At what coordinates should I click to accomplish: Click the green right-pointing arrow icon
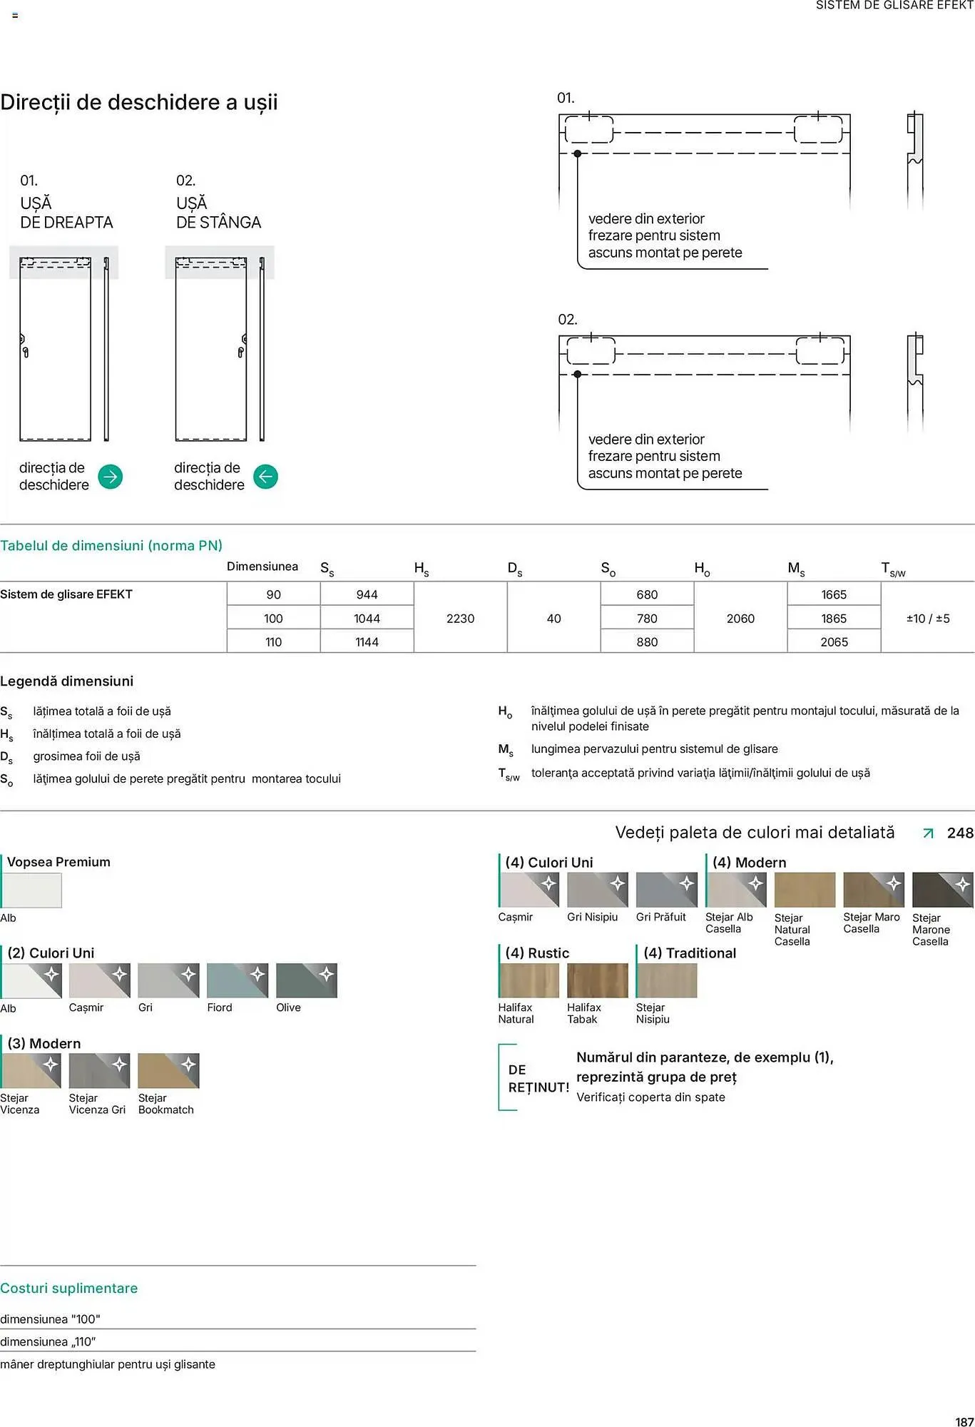point(110,477)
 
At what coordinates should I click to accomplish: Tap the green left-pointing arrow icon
point(265,477)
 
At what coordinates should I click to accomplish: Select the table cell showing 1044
point(367,619)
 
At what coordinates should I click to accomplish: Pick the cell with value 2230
point(460,619)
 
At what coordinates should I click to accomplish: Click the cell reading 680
point(647,594)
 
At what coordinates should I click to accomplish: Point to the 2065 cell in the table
point(834,642)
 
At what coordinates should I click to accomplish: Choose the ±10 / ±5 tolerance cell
point(927,619)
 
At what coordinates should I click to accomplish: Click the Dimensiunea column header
point(262,567)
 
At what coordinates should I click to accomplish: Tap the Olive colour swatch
point(306,980)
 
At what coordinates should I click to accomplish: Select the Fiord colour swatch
point(237,980)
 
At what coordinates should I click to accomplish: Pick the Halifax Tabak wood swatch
point(597,980)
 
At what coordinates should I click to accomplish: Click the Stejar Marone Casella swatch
point(942,890)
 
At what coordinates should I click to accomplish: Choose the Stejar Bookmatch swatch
point(168,1071)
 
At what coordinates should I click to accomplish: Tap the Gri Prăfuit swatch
point(666,890)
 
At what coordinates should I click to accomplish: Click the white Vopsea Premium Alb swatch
point(31,890)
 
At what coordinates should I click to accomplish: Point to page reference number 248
point(959,833)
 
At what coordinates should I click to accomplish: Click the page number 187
point(964,1421)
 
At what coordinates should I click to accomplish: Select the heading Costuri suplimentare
point(69,1288)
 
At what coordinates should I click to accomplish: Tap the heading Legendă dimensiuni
point(67,681)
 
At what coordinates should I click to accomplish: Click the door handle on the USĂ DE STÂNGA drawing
point(242,351)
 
